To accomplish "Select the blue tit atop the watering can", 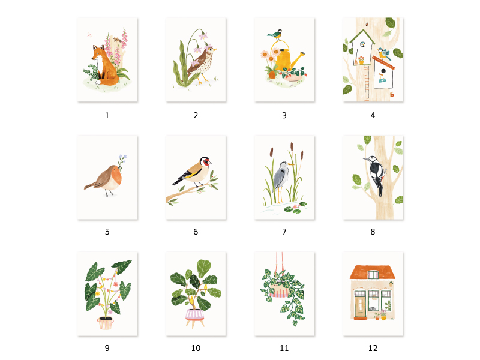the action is [275, 35].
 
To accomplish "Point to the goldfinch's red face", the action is [207, 161].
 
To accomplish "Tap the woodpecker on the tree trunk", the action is [376, 175].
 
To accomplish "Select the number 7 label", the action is [284, 232].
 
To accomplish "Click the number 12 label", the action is [373, 348].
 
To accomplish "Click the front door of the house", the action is [361, 305].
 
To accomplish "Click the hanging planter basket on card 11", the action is [279, 291].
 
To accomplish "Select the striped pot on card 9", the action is [106, 323].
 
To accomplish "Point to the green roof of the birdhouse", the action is [362, 36].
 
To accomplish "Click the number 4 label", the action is [373, 115].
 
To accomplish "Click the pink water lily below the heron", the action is [295, 206].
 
